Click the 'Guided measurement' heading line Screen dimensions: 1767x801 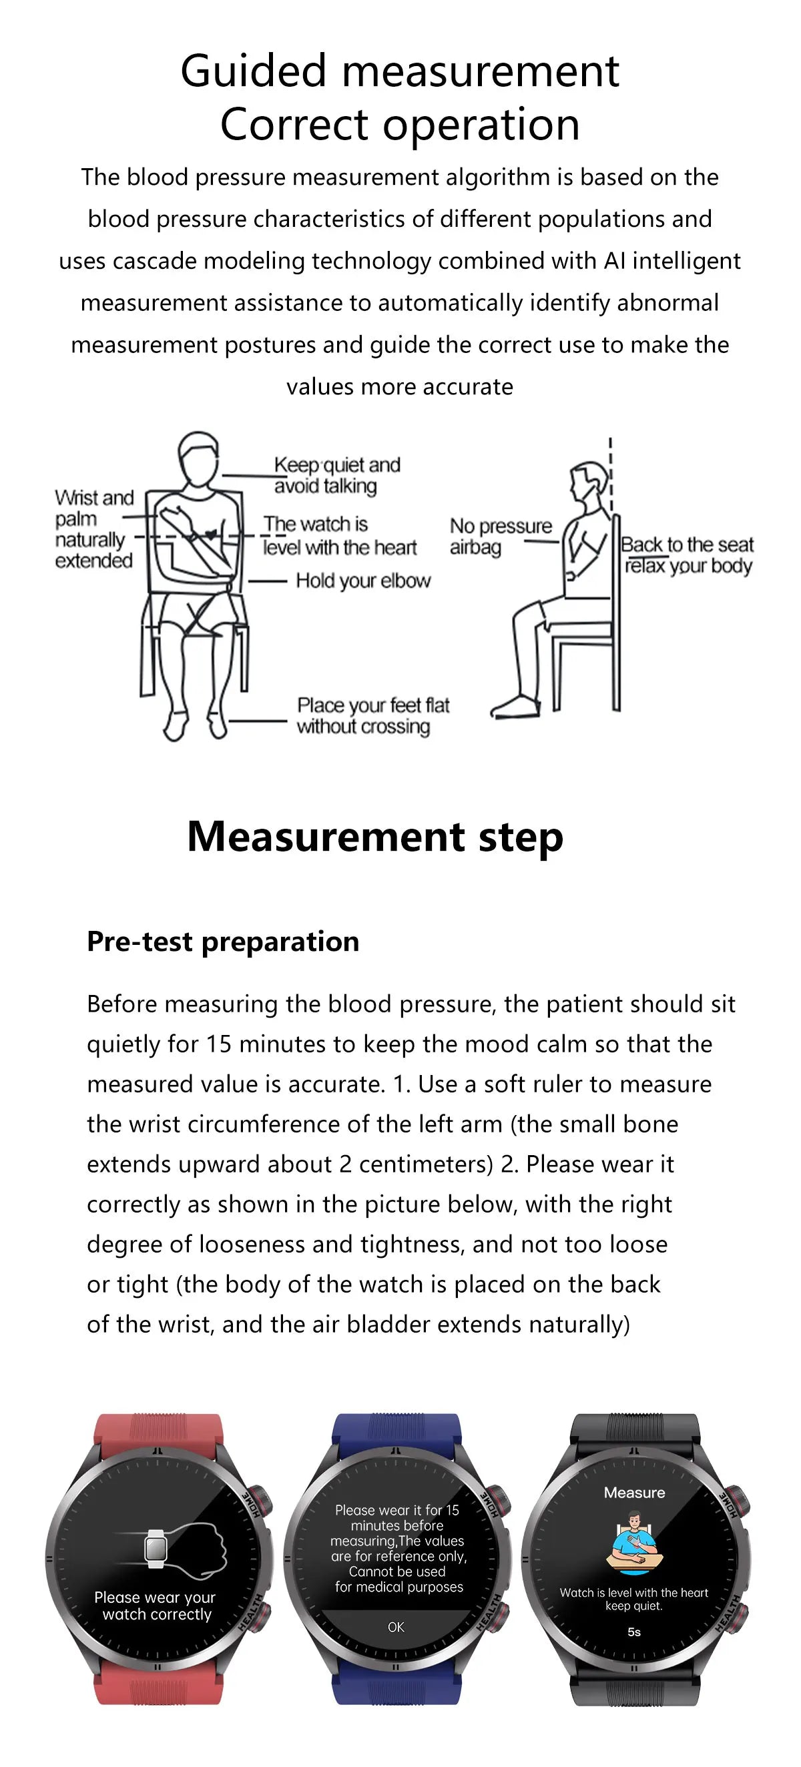399,71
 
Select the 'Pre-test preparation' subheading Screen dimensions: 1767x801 222,941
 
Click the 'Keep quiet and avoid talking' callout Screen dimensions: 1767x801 336,474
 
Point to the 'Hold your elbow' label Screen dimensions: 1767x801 362,581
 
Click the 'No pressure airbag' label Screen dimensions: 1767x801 500,537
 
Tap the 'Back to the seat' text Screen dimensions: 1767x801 686,545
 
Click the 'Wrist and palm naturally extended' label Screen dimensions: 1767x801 93,528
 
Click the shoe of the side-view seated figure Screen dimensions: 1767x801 515,707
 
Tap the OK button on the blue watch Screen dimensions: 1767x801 396,1627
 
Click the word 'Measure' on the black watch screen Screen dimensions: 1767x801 634,1493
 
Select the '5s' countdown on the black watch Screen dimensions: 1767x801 634,1632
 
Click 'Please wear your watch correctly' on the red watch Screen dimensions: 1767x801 155,1606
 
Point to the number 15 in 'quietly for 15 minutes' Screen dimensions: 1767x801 219,1044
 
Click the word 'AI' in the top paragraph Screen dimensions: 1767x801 614,261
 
